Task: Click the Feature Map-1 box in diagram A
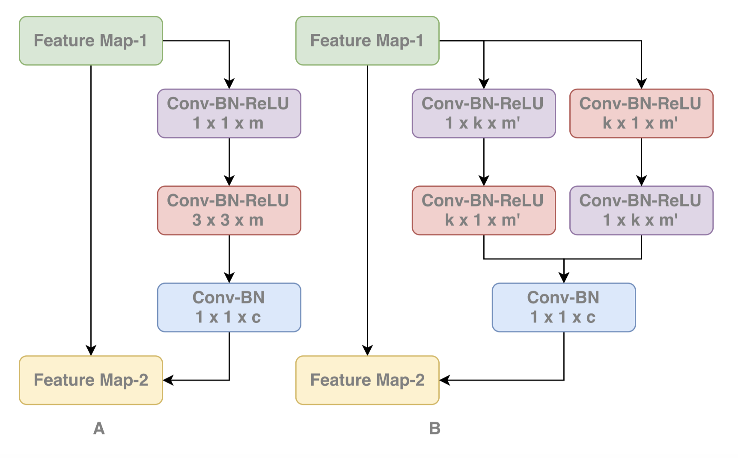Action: (x=91, y=41)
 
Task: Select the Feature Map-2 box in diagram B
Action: (x=367, y=380)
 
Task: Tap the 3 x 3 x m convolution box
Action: (x=229, y=210)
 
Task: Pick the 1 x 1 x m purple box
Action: (x=229, y=113)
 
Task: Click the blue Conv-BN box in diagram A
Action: (x=229, y=307)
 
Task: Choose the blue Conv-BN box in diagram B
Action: (x=564, y=307)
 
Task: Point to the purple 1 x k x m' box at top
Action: (x=484, y=113)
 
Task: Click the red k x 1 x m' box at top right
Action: (x=641, y=113)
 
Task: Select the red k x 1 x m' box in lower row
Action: (x=484, y=210)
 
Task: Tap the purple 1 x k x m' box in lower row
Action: (x=641, y=210)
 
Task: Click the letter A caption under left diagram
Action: (x=99, y=428)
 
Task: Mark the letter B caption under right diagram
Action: (x=435, y=428)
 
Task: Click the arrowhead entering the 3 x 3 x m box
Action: (x=229, y=181)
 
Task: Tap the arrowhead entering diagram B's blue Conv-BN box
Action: (x=564, y=278)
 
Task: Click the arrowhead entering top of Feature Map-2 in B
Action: (x=367, y=351)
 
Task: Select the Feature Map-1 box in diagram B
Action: (x=367, y=41)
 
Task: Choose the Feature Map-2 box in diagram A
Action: (x=91, y=380)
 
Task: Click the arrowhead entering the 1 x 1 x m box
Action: (x=229, y=84)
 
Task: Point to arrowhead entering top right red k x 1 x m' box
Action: (x=641, y=84)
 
